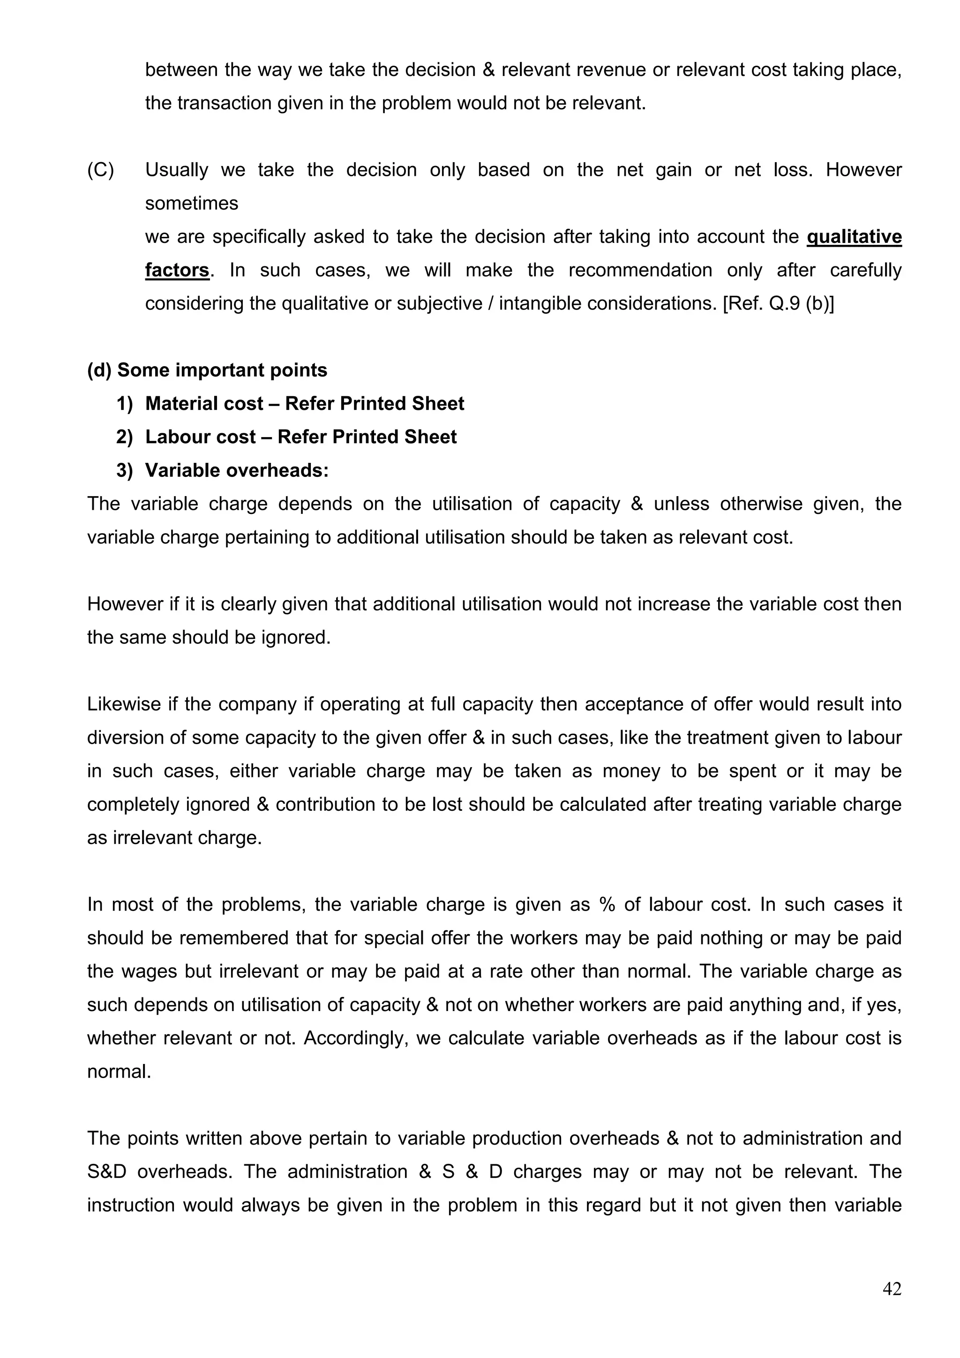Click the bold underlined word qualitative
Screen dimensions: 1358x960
coord(854,237)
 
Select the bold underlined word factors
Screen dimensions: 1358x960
coord(177,270)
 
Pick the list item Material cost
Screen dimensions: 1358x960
coord(204,403)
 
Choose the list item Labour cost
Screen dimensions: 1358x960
coord(201,437)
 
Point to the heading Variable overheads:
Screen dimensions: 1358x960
coord(236,470)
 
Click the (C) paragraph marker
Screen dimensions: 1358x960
coord(100,170)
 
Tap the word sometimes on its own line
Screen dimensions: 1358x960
coord(192,204)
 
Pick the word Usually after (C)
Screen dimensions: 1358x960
coord(176,170)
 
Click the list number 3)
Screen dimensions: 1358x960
coord(125,470)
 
